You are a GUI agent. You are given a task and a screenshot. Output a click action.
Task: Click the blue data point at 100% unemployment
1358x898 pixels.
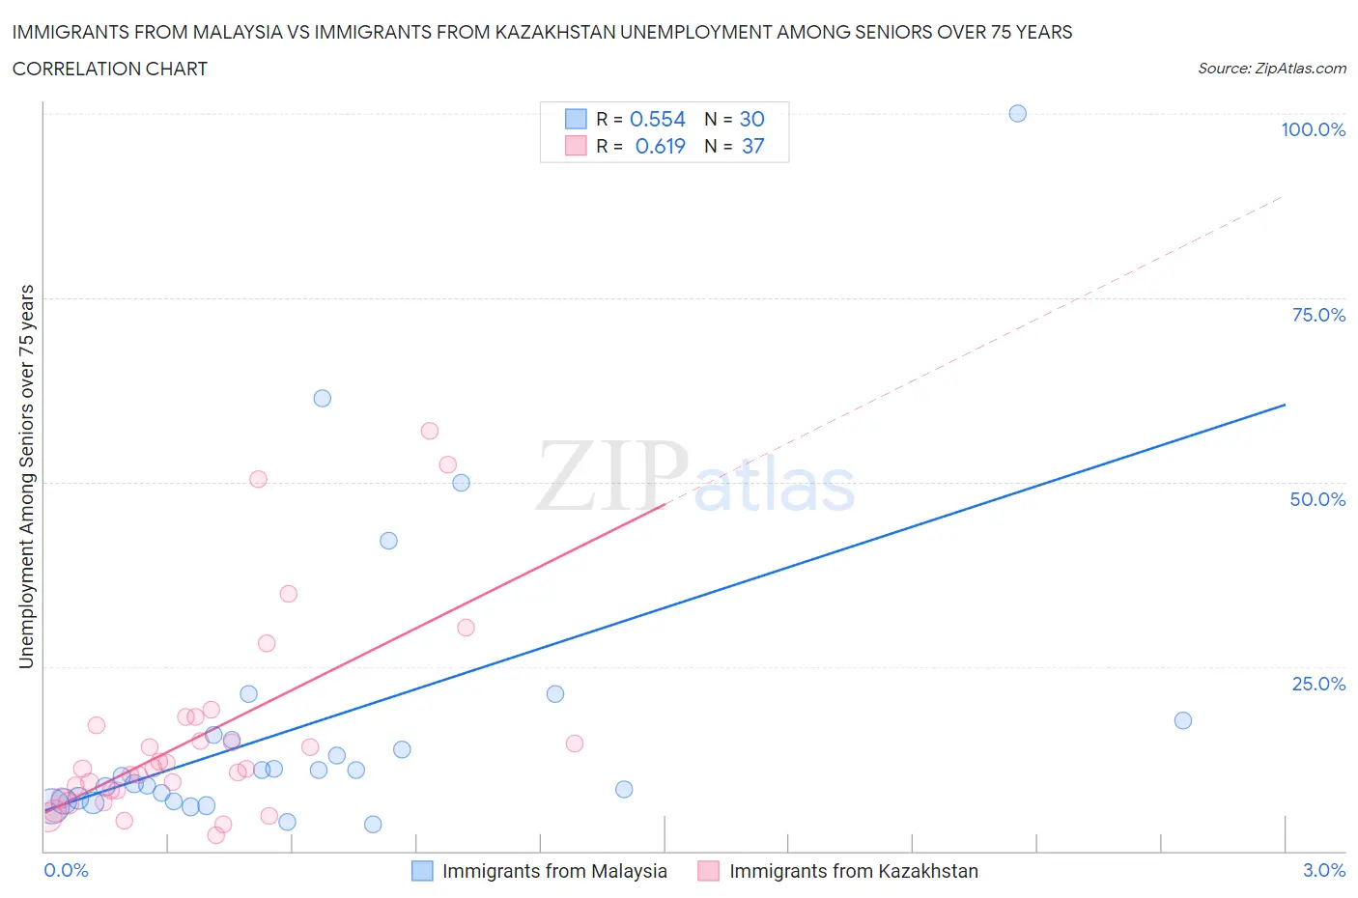tap(1017, 113)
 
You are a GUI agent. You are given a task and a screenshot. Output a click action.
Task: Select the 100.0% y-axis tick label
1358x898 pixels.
tap(1313, 129)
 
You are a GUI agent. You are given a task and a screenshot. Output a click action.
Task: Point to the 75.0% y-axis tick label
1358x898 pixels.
tap(1318, 315)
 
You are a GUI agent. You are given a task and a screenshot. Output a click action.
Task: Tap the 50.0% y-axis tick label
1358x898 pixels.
tap(1317, 499)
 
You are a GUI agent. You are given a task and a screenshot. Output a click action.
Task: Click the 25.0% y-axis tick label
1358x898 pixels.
tap(1318, 684)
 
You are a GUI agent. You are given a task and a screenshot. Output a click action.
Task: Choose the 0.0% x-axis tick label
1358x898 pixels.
tap(66, 870)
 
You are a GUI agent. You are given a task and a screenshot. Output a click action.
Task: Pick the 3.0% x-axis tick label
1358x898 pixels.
tap(1323, 870)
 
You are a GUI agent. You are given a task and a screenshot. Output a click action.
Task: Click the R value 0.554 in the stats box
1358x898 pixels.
tap(657, 119)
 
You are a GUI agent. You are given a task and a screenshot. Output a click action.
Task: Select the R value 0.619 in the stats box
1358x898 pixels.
tap(660, 146)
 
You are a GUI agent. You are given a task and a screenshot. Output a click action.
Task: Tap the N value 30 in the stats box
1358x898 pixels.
tap(751, 119)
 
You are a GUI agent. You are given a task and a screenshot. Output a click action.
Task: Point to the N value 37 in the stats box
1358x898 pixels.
tap(752, 146)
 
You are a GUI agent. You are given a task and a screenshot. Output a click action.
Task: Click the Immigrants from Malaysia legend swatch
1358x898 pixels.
tap(422, 871)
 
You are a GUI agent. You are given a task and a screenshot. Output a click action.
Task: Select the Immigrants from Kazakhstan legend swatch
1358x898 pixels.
tap(708, 871)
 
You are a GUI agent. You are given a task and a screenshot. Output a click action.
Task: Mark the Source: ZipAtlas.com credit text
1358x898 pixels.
tap(1271, 69)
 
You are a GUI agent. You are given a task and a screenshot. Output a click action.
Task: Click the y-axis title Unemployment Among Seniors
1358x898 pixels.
tap(26, 476)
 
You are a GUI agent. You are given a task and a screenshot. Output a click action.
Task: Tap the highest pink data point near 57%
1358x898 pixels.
tap(430, 431)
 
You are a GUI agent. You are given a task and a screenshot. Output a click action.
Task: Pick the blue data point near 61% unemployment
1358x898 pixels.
tap(323, 398)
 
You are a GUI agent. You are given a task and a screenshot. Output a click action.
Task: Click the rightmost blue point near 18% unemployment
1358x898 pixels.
tap(1182, 720)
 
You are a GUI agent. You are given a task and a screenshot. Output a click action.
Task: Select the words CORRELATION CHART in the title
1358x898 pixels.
tap(110, 69)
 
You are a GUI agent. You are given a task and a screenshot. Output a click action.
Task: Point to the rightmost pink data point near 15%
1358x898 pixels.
tap(574, 744)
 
